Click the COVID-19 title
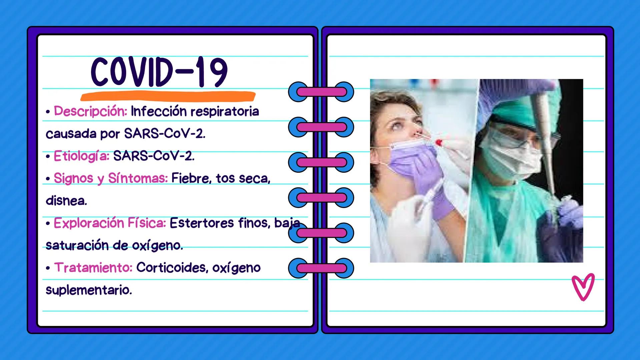(159, 72)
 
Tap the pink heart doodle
(583, 287)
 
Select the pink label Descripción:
(90, 111)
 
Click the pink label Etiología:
(81, 156)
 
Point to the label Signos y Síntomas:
(111, 178)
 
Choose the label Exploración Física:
(110, 223)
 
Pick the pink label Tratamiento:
(93, 268)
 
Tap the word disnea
(66, 201)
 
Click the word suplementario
(89, 290)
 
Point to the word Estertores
(202, 223)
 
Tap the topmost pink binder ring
(321, 92)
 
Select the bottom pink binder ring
(321, 268)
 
